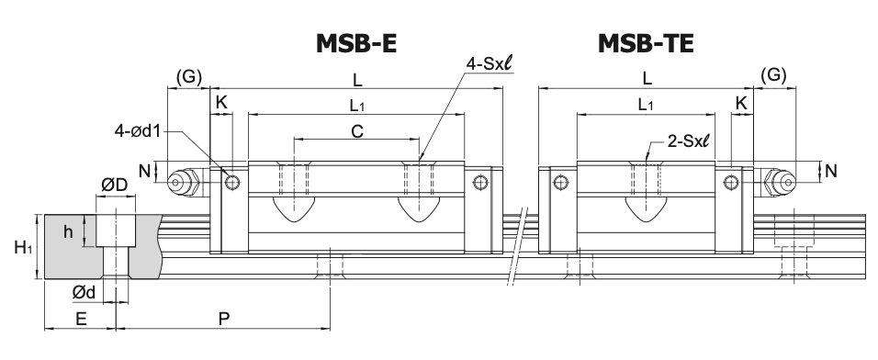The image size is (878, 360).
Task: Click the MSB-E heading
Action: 356,43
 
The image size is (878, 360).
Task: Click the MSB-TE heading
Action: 646,43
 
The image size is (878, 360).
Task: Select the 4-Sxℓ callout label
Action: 489,64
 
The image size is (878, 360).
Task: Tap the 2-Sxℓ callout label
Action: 688,141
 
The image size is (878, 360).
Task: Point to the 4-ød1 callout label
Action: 138,131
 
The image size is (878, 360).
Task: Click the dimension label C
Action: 357,131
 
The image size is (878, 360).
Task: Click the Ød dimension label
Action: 84,292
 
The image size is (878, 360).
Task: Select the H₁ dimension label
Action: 23,247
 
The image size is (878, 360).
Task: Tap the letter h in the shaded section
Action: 68,231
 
